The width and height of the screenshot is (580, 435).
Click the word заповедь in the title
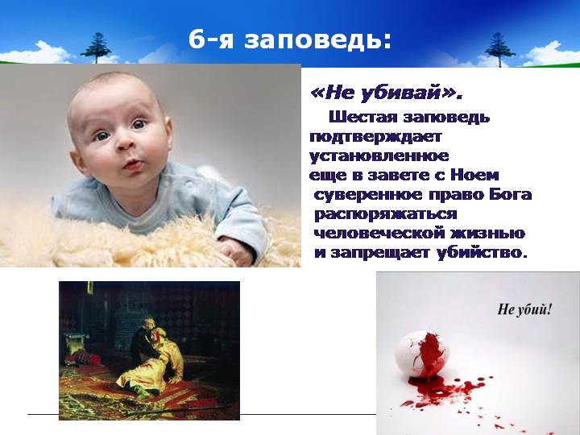pos(317,39)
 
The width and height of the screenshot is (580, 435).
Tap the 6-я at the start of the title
pos(211,39)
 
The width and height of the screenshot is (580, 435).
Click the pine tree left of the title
pos(96,48)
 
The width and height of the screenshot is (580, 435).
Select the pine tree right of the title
pos(499,50)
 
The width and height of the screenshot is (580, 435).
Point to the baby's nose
pos(125,143)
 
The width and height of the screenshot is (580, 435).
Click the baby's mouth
pos(133,164)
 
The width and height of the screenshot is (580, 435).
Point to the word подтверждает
pos(375,137)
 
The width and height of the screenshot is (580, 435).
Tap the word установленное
pos(379,155)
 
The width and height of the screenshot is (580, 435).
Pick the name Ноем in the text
pos(474,176)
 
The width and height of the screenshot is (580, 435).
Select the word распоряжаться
pos(385,214)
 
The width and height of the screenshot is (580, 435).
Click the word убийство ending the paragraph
pos(481,253)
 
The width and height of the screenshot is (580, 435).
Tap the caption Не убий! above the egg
pos(524,309)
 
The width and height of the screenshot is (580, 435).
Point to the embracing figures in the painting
pos(155,355)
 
